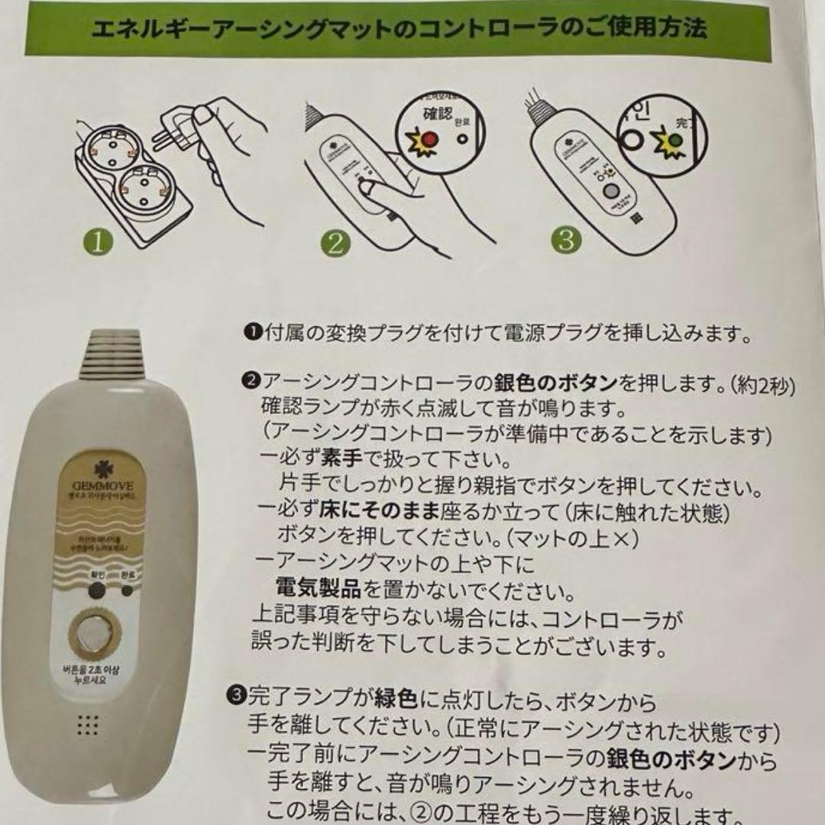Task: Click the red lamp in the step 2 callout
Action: pos(429,139)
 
